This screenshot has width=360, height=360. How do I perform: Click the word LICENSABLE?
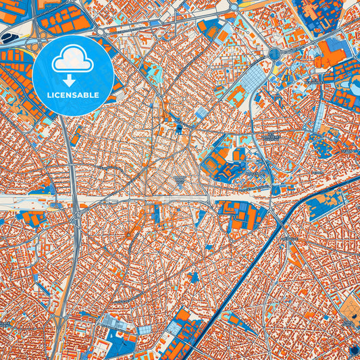click(x=72, y=94)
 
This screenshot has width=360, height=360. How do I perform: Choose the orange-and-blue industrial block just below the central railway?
click(x=240, y=215)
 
